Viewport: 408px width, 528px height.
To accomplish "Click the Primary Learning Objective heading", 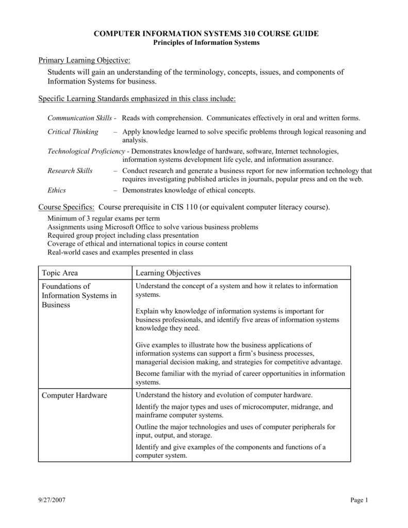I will pos(84,61).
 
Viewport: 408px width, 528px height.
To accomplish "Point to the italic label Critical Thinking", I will pos(73,131).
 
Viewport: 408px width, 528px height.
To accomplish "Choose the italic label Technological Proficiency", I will pos(86,151).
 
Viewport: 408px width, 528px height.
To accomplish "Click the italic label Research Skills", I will pos(70,171).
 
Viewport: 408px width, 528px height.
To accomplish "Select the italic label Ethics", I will pos(57,190).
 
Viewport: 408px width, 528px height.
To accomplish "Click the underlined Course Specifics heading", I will pos(67,207).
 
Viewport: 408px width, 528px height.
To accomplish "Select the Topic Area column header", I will pos(60,272).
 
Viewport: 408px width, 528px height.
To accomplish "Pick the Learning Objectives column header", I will pos(168,272).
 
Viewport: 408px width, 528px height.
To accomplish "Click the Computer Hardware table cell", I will pos(75,395).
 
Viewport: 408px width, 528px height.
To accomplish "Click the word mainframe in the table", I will pos(152,415).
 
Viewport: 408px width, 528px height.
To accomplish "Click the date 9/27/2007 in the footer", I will pos(52,500).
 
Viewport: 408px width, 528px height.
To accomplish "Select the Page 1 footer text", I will pos(359,500).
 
